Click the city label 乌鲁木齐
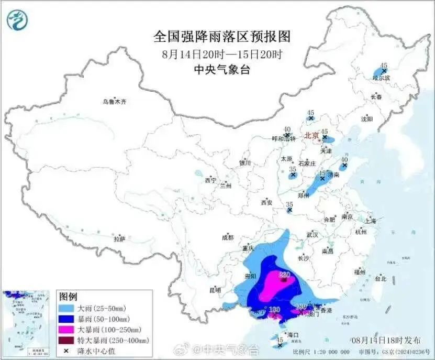coord(114,102)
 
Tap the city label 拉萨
coord(120,239)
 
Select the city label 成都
coord(228,237)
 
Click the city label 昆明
coord(215,290)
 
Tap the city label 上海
coord(371,221)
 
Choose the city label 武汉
coord(314,234)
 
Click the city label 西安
coord(266,203)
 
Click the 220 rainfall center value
coord(284,274)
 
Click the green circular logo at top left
coord(17,19)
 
